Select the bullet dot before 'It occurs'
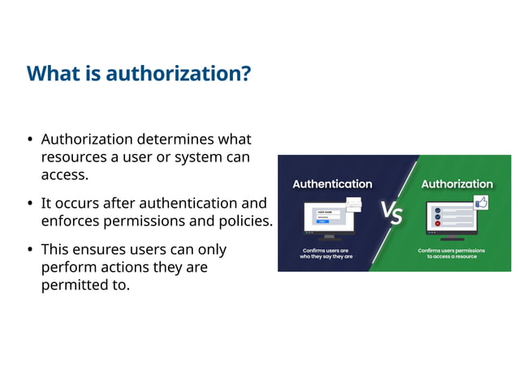[x=30, y=203]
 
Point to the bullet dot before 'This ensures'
[x=30, y=250]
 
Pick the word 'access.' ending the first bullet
[x=64, y=174]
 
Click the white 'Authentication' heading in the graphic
[x=332, y=184]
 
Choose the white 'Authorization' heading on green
[x=456, y=184]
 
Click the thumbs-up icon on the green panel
[x=481, y=203]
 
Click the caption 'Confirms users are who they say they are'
[x=326, y=253]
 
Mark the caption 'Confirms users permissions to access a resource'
[x=451, y=253]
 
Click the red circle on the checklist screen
[x=438, y=223]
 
